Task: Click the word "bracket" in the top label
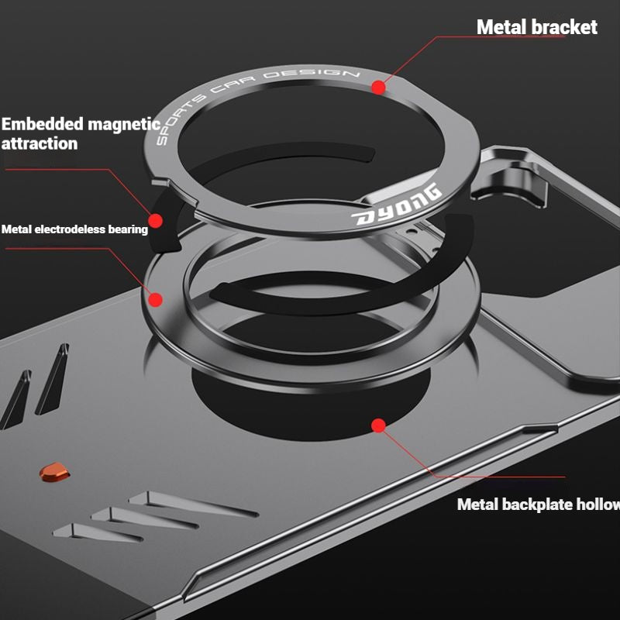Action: pyautogui.click(x=564, y=27)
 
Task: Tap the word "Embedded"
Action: pyautogui.click(x=43, y=124)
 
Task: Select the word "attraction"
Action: pyautogui.click(x=40, y=143)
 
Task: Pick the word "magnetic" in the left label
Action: pyautogui.click(x=124, y=124)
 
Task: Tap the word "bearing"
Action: pyautogui.click(x=128, y=229)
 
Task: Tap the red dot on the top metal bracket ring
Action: pyautogui.click(x=378, y=88)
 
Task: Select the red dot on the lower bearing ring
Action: pyautogui.click(x=156, y=298)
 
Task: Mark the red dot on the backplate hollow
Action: pyautogui.click(x=378, y=425)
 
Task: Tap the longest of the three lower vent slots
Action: pyautogui.click(x=194, y=504)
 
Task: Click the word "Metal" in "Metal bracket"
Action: pyautogui.click(x=501, y=27)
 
